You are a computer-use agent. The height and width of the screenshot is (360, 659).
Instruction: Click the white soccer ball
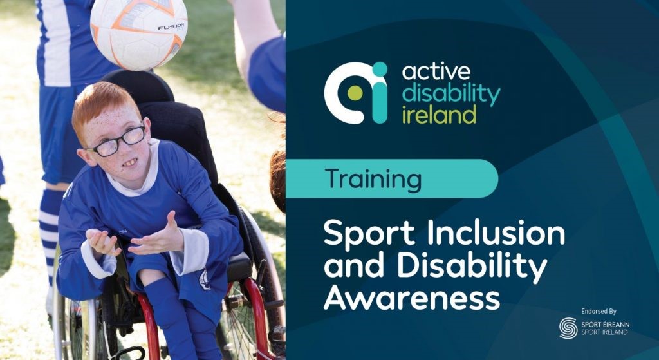(139, 33)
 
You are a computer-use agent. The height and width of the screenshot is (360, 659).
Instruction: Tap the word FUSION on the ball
(171, 27)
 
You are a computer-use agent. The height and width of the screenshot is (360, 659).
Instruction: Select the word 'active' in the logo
(436, 71)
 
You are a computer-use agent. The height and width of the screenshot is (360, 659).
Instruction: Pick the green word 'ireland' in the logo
(439, 114)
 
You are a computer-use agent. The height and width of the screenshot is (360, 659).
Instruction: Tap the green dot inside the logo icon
(355, 93)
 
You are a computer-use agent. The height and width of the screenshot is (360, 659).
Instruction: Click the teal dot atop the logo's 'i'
(380, 70)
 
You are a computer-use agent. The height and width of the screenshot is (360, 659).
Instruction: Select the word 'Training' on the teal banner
(373, 179)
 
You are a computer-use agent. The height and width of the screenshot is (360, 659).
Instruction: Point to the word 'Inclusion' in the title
(496, 232)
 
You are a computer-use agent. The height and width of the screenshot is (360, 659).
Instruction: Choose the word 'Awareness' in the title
(412, 297)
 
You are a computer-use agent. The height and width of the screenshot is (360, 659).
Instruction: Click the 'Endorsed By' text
(599, 312)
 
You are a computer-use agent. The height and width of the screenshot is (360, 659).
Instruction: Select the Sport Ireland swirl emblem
(568, 328)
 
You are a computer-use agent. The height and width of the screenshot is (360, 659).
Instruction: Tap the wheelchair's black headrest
(139, 86)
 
